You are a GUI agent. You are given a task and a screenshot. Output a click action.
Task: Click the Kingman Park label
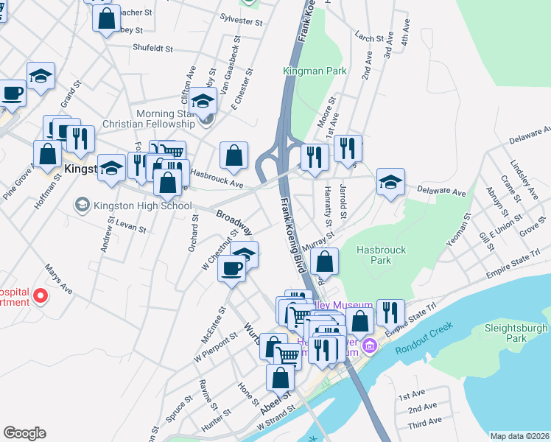[x=315, y=71]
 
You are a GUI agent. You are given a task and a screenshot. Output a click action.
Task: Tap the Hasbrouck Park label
[x=381, y=255]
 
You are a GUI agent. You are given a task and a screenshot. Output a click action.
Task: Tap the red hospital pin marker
[x=41, y=296]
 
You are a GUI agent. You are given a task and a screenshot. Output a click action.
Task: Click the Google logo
[x=24, y=433]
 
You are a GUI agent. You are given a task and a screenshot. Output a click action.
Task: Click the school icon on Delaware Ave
[x=390, y=182]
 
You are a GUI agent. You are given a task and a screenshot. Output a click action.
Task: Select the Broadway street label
[x=234, y=220]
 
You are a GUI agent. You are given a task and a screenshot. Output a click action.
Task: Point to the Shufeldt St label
[x=152, y=49]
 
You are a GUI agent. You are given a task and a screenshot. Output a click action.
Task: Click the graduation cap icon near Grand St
[x=41, y=75]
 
